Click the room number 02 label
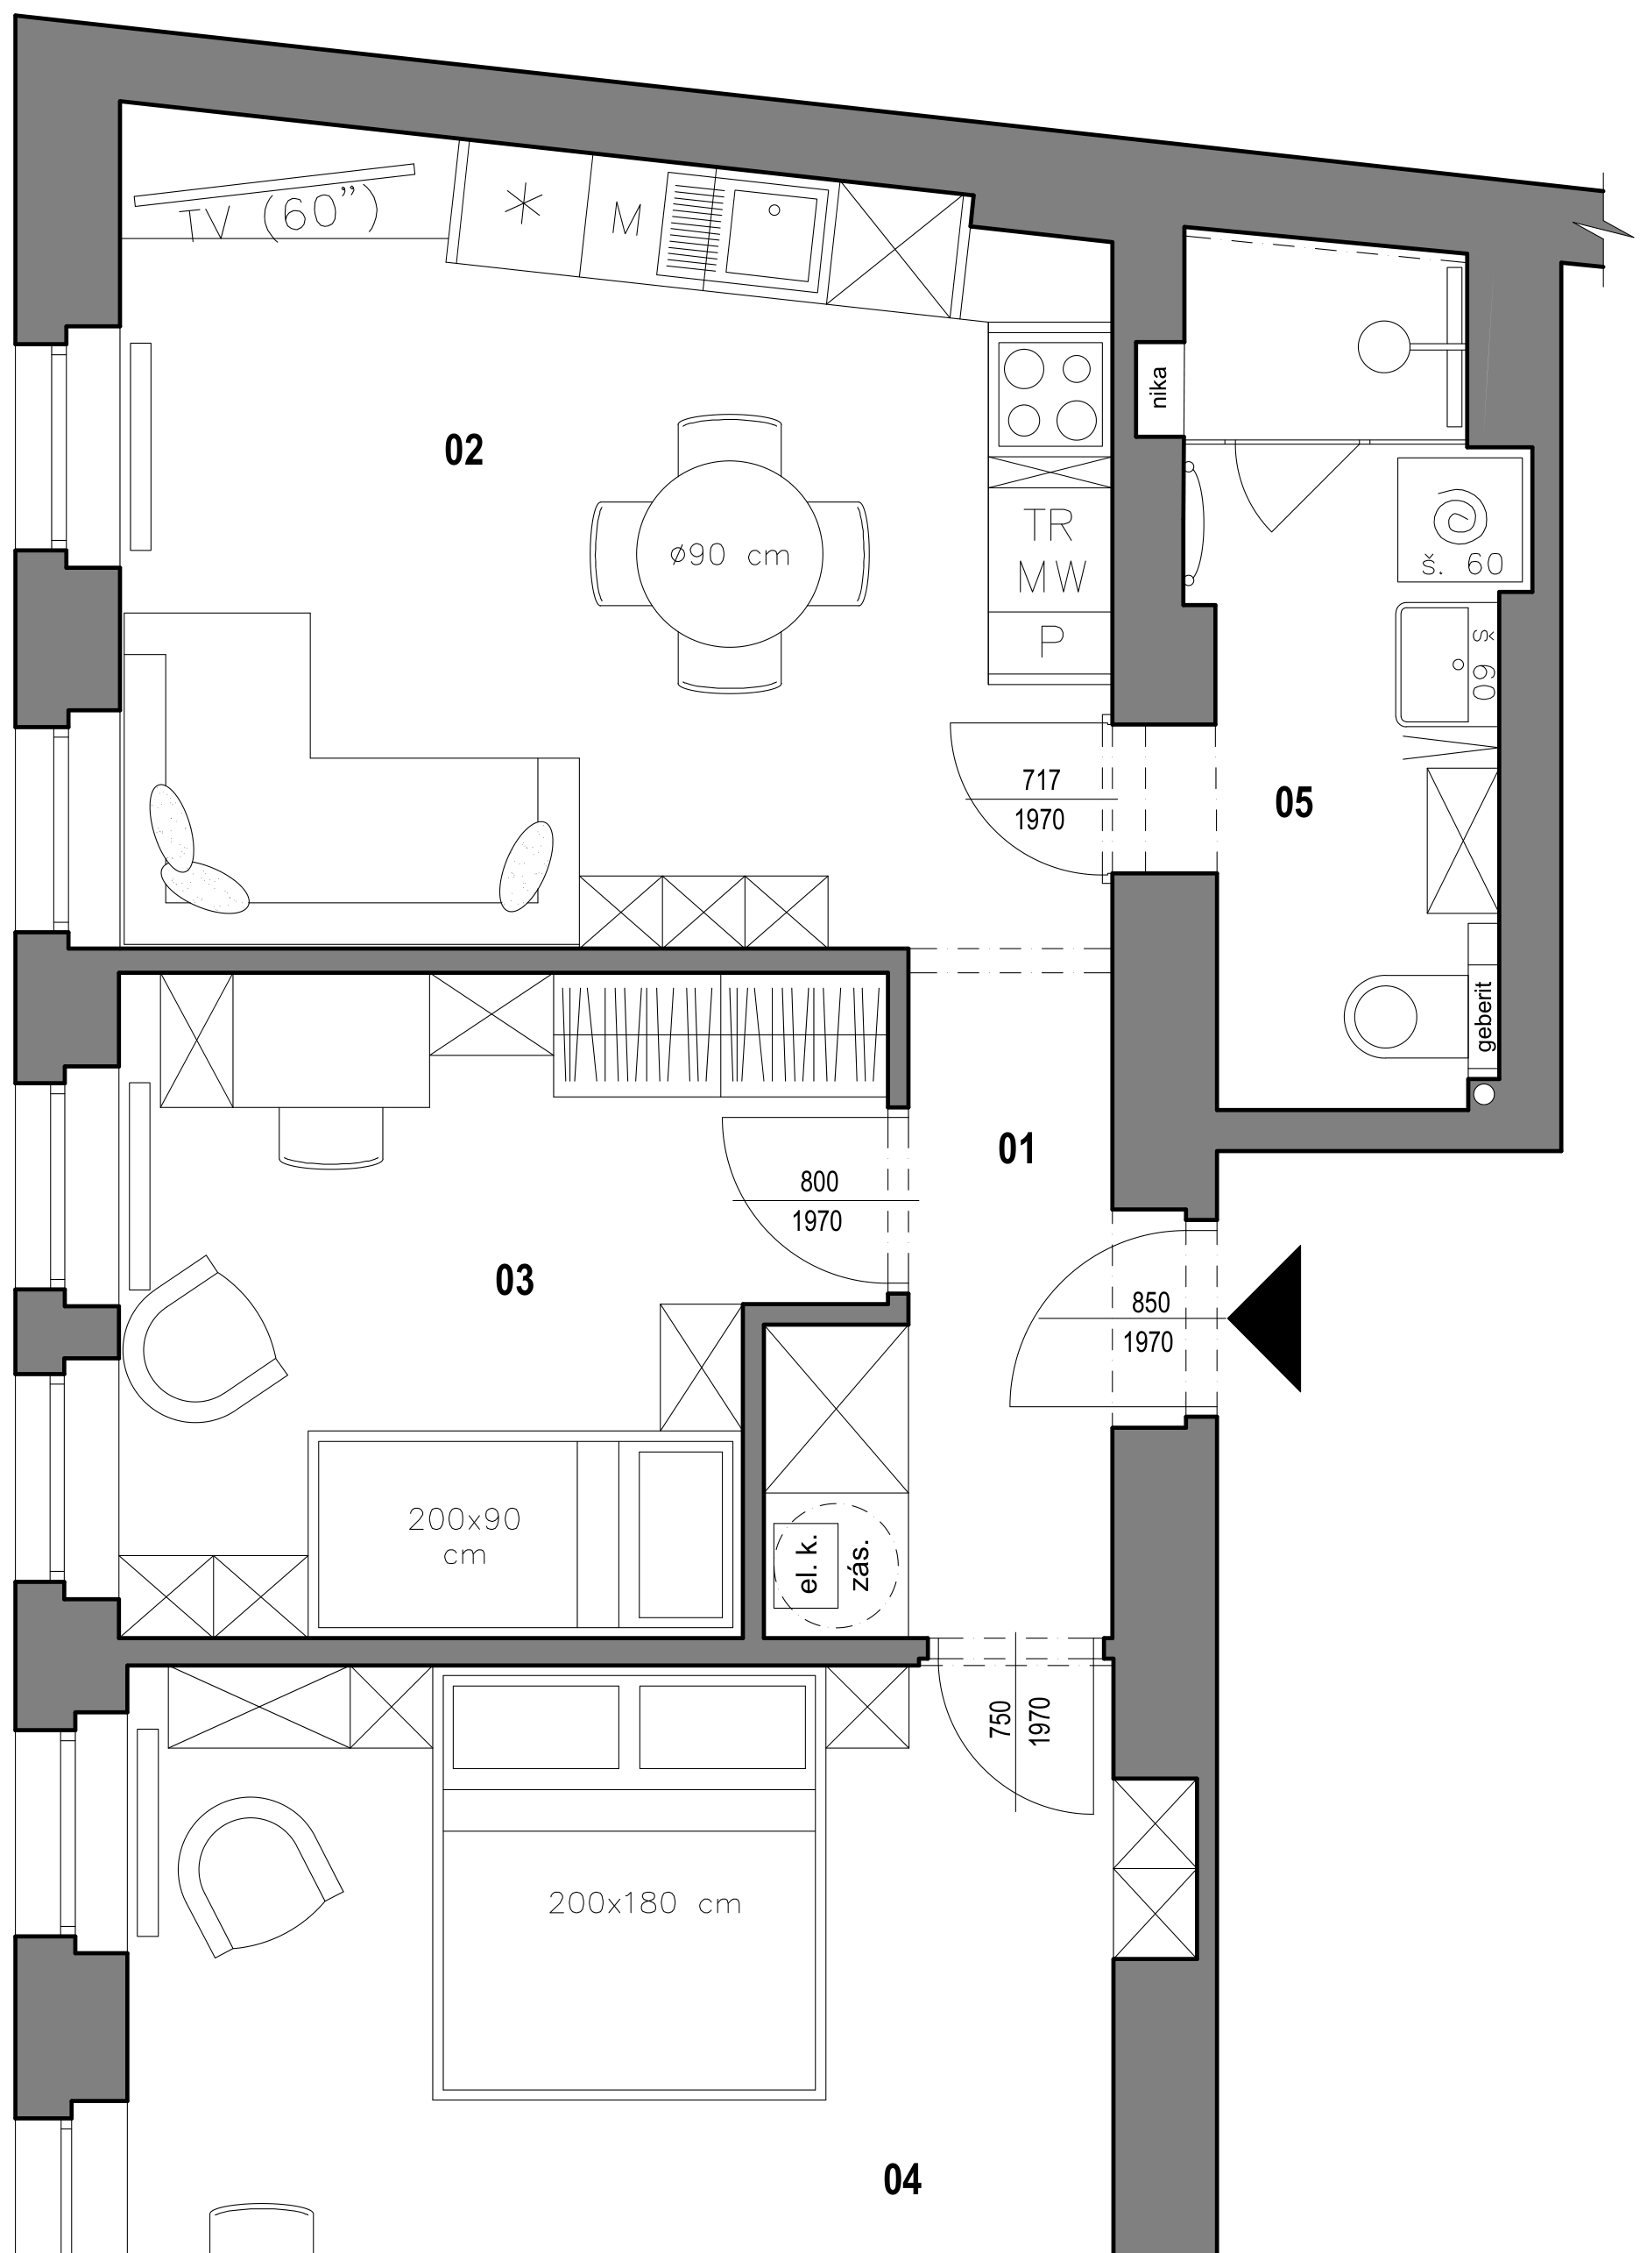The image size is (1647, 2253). pos(463,451)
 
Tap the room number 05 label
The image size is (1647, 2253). pos(1294,803)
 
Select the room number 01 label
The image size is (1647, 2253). pos(1016,1149)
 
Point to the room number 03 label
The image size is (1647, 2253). pos(514,1280)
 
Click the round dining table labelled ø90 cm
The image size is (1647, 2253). pos(730,555)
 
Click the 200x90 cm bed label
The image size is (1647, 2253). pos(464,1537)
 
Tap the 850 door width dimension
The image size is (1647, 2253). pos(1150,1303)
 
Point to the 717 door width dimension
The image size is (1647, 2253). pos(1041,779)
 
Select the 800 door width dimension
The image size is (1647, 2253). pos(819,1181)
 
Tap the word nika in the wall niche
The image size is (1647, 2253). pos(1158,388)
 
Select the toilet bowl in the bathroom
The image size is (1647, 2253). pos(1381,1016)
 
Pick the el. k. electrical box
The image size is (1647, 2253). pos(808,1565)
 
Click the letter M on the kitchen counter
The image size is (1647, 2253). pos(626,220)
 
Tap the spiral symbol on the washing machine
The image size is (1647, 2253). pos(1460,517)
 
